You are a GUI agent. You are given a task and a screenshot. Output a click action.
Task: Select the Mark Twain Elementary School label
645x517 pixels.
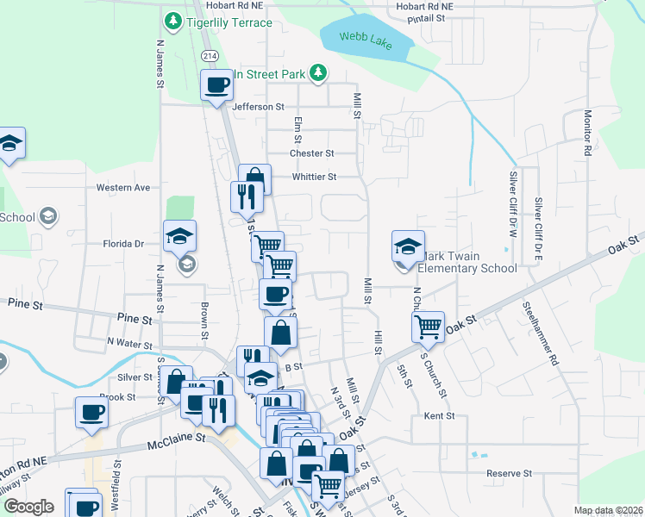[x=467, y=268]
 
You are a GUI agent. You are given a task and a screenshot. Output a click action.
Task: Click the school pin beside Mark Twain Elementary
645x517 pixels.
[x=408, y=247]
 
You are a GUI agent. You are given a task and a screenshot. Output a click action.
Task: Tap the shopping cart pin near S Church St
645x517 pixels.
[x=429, y=327]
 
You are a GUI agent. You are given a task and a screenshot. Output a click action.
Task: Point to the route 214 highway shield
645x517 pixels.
[x=209, y=54]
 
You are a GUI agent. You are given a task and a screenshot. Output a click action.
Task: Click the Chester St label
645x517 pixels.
[x=311, y=153]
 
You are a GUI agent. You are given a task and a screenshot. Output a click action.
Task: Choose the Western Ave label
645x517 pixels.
[x=123, y=187]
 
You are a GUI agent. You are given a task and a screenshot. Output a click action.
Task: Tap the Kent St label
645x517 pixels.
[x=440, y=415]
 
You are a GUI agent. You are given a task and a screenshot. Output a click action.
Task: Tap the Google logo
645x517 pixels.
[x=29, y=507]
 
